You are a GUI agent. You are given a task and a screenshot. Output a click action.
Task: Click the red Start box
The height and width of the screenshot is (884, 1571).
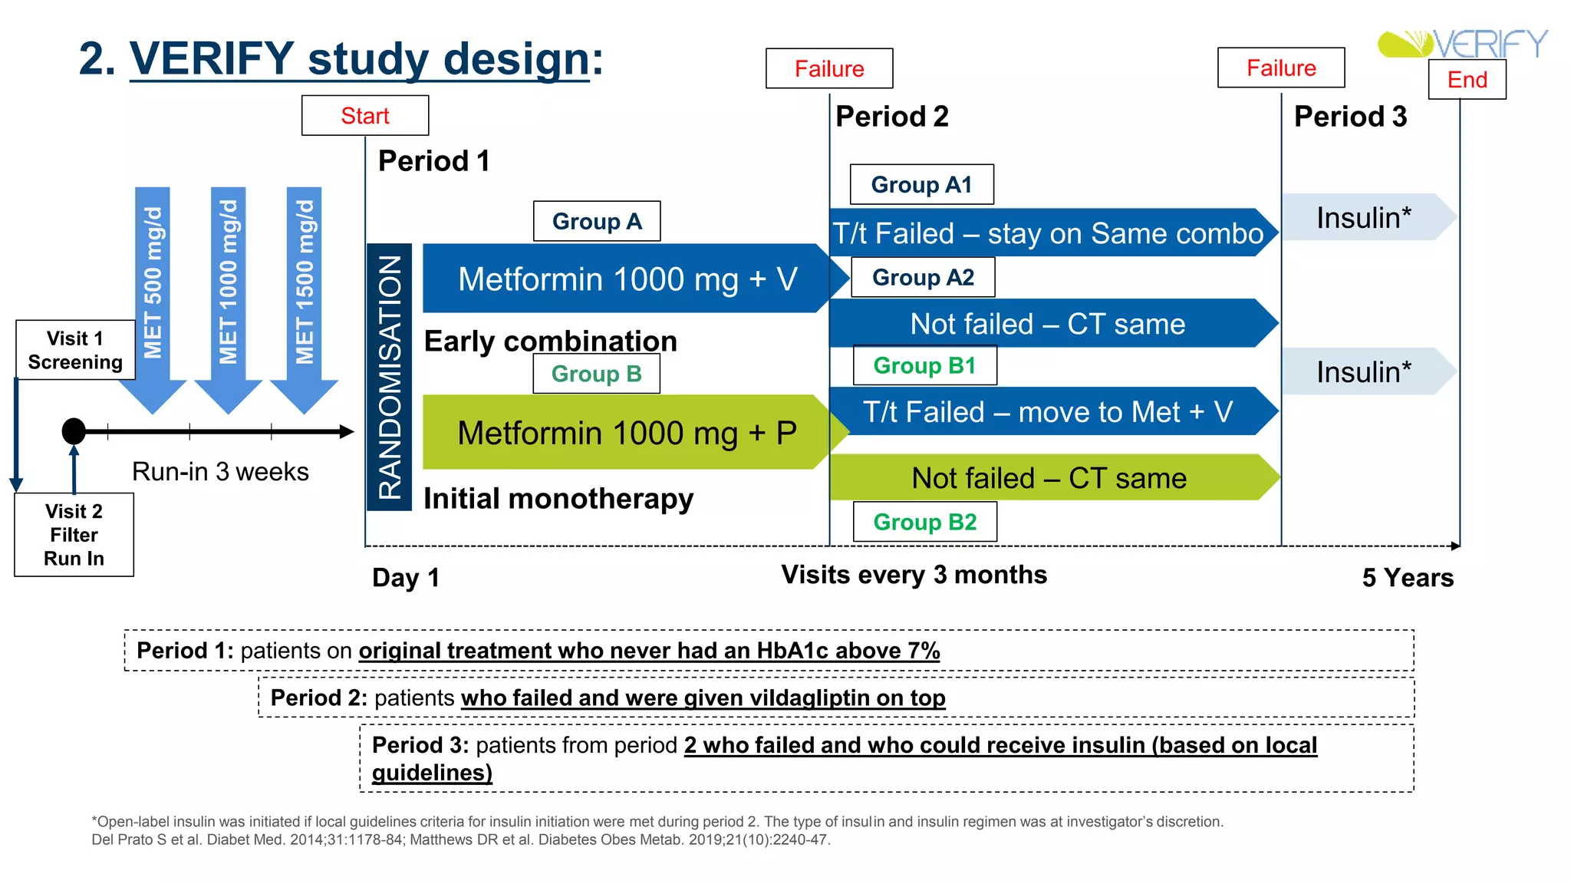coord(365,116)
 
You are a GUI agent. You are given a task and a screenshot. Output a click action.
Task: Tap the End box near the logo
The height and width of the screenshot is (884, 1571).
coord(1467,80)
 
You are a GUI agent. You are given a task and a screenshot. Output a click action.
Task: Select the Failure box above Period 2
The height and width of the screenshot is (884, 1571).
coord(829,69)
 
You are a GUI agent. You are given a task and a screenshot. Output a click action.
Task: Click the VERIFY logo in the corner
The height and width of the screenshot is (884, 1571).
coord(1462,44)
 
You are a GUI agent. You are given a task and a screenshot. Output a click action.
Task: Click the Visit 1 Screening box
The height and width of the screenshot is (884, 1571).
coord(75,350)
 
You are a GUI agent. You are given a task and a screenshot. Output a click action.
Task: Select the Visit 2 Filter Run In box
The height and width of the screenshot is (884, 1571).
coord(74,535)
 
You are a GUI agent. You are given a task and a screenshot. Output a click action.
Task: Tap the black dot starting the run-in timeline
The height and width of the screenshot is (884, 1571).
coord(74,431)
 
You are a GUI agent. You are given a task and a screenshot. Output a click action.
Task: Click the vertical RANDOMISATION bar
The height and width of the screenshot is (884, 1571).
coord(390,377)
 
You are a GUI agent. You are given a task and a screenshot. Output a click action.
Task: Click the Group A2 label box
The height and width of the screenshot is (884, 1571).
coord(923,277)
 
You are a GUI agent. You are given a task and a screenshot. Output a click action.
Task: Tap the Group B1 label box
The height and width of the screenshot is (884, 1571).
coord(924,365)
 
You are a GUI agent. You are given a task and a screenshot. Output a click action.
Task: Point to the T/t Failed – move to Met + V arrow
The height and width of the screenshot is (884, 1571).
coord(1048,412)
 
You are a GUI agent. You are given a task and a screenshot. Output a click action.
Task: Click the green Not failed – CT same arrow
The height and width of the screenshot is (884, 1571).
coord(1049,478)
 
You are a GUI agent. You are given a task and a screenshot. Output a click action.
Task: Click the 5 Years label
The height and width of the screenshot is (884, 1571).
coord(1408,578)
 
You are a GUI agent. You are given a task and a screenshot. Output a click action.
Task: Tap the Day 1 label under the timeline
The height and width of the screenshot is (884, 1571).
coord(406,578)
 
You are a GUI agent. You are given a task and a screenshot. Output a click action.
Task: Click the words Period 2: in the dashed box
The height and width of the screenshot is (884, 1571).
coord(318,698)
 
